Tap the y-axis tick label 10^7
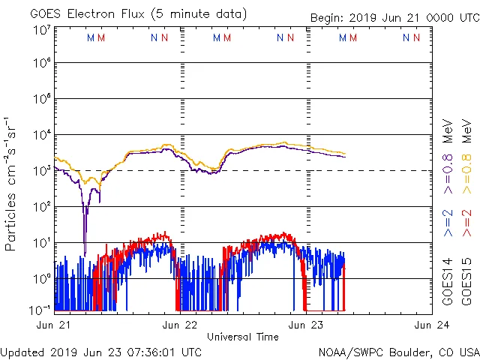[x=42, y=30]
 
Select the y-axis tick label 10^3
[x=42, y=171]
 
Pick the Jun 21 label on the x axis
[x=55, y=325]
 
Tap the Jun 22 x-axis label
[x=180, y=325]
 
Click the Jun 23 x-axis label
[x=306, y=325]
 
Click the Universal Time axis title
[x=243, y=336]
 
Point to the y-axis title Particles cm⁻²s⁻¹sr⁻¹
[x=10, y=184]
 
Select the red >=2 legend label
[x=466, y=223]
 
